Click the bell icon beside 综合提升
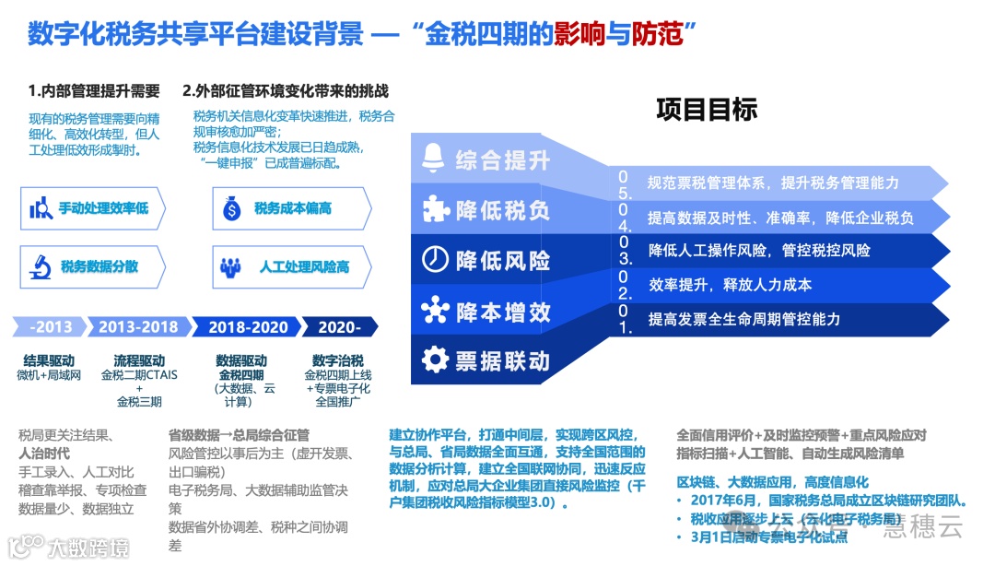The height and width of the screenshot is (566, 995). [x=432, y=159]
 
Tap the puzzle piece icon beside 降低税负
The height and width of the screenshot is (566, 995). [x=435, y=209]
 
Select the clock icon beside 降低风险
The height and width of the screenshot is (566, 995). [x=434, y=259]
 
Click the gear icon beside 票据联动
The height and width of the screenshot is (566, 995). [x=434, y=358]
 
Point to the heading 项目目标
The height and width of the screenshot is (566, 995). [x=707, y=110]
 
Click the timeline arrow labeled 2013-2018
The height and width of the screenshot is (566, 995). [x=139, y=327]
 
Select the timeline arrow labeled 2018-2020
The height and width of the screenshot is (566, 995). [x=247, y=327]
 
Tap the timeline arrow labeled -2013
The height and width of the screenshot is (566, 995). [x=51, y=327]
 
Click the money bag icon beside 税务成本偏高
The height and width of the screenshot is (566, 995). [x=230, y=209]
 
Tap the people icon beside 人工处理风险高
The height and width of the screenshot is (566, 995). [x=230, y=267]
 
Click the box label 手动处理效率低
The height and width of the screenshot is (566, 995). [x=103, y=209]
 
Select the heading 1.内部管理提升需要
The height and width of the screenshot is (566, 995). [x=94, y=91]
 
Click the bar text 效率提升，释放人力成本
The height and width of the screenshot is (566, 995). [x=717, y=284]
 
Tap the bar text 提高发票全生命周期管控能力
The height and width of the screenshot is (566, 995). [x=743, y=319]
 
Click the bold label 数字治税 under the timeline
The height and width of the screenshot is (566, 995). [x=336, y=360]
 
